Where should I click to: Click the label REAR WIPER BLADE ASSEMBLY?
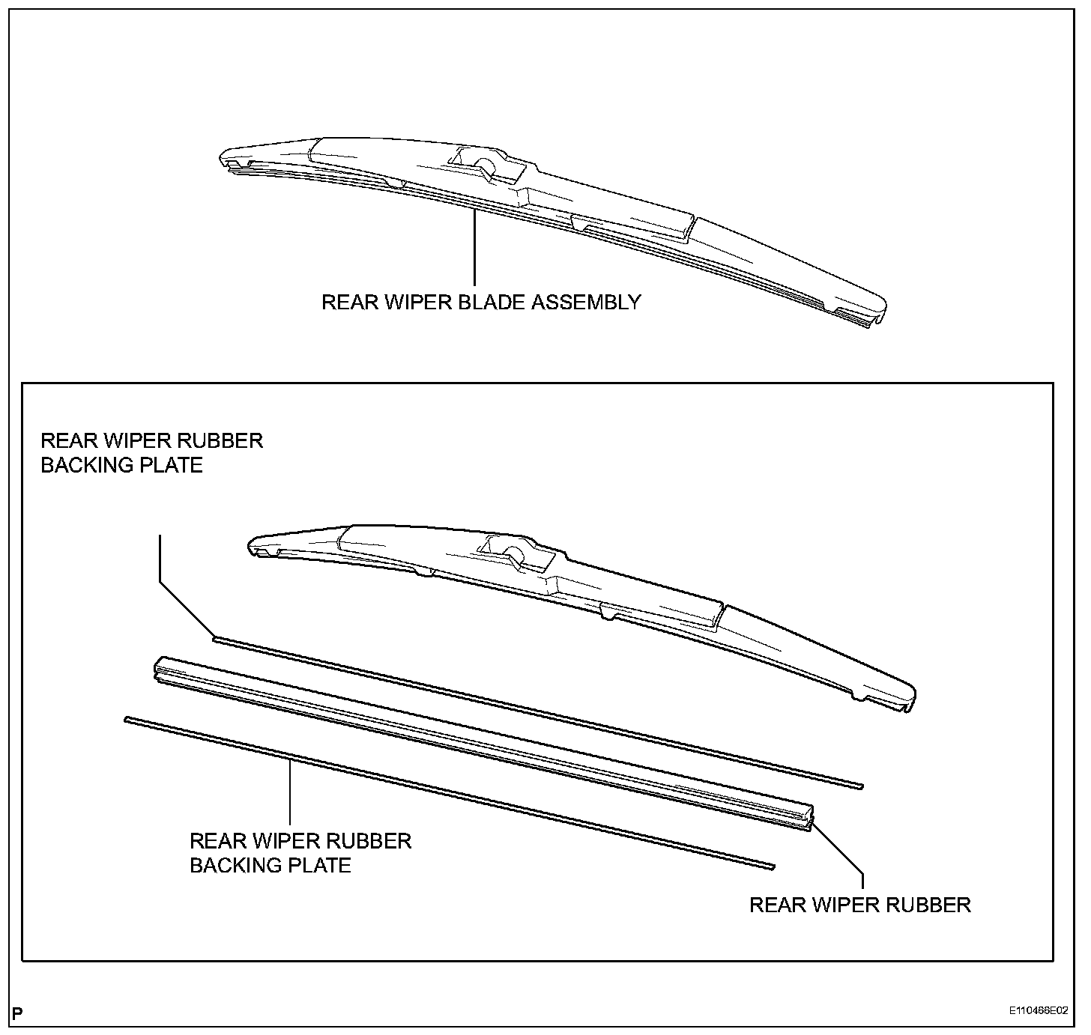click(481, 302)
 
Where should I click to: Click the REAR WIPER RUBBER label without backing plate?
click(859, 905)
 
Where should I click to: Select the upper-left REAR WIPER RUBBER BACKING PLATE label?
click(151, 452)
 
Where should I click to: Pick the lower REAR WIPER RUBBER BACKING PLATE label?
click(300, 853)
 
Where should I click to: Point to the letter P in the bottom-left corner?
click(17, 1015)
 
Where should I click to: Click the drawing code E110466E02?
click(1038, 1010)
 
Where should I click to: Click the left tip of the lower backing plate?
click(128, 720)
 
